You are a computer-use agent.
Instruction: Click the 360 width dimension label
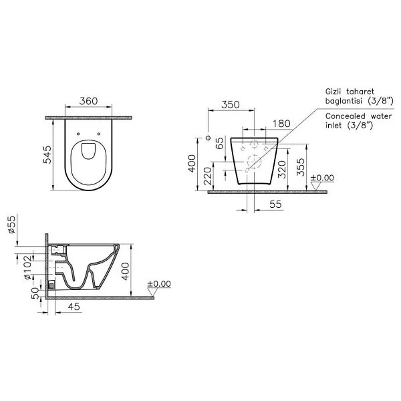tap(88, 101)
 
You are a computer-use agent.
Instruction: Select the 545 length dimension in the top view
tap(47, 155)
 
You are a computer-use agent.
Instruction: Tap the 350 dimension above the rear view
tap(231, 105)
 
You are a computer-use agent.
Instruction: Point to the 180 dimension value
tap(281, 124)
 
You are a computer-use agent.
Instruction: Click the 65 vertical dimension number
tap(219, 143)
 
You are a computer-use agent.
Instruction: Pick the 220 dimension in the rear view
tap(208, 176)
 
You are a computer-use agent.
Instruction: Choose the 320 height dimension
tap(281, 169)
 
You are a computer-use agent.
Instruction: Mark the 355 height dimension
tap(301, 167)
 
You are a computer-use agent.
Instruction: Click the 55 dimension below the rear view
tap(275, 205)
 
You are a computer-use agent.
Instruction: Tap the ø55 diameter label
tap(12, 225)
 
